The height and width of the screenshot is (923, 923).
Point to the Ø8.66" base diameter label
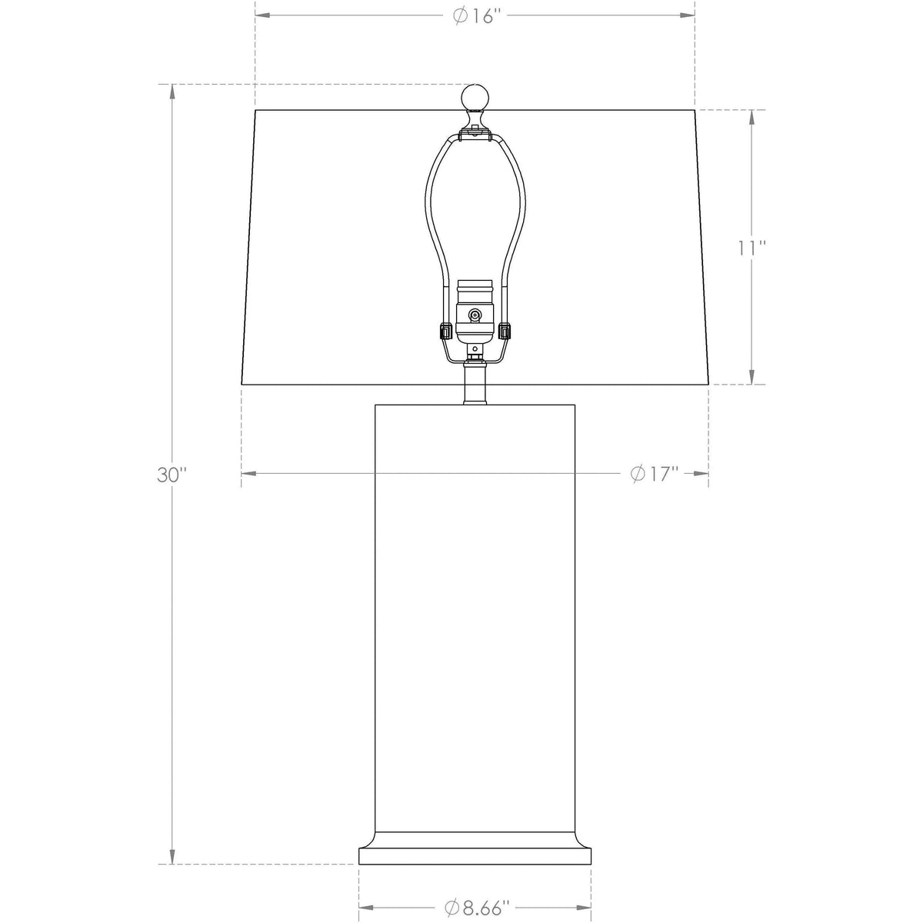(x=477, y=908)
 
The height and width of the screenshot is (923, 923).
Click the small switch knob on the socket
(x=475, y=315)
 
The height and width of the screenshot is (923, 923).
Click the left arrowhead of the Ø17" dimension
(x=248, y=474)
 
